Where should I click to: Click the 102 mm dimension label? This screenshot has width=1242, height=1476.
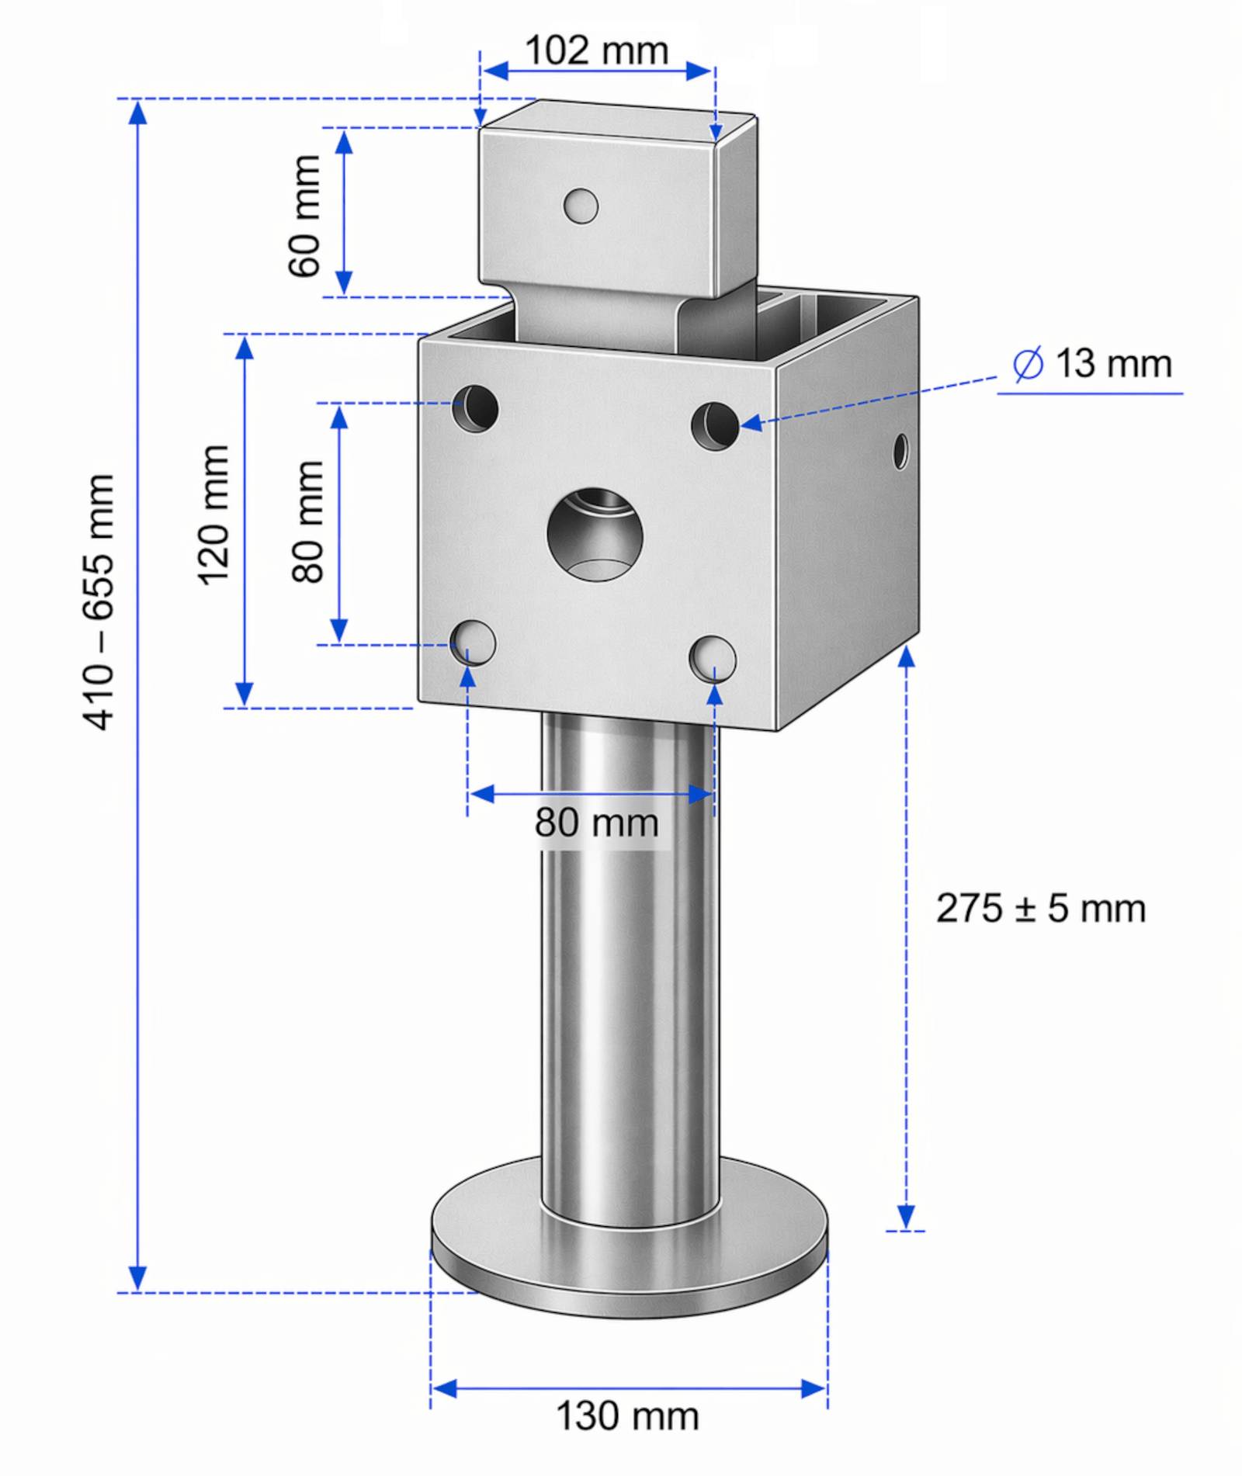[596, 51]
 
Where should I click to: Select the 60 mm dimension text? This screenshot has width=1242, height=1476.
[304, 216]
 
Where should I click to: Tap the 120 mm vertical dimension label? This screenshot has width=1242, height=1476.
[213, 515]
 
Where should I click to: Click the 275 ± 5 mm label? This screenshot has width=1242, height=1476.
[1040, 909]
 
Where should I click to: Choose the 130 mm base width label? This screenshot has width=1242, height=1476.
[627, 1416]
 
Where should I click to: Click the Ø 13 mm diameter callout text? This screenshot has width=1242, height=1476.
[1093, 364]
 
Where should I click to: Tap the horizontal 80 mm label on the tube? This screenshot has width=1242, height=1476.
[596, 823]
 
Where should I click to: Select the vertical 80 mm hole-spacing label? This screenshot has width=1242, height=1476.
[308, 521]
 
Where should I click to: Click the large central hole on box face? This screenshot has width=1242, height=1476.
[595, 535]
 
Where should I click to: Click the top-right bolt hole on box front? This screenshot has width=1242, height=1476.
[715, 425]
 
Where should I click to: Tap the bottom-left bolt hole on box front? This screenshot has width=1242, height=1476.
[474, 643]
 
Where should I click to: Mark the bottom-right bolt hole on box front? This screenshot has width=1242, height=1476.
[713, 659]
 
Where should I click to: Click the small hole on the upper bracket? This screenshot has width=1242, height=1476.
[581, 206]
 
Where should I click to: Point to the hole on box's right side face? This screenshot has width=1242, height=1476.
[900, 450]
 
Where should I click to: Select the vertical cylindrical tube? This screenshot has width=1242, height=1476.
[629, 970]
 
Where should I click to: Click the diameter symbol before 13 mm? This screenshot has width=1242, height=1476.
[1029, 364]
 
